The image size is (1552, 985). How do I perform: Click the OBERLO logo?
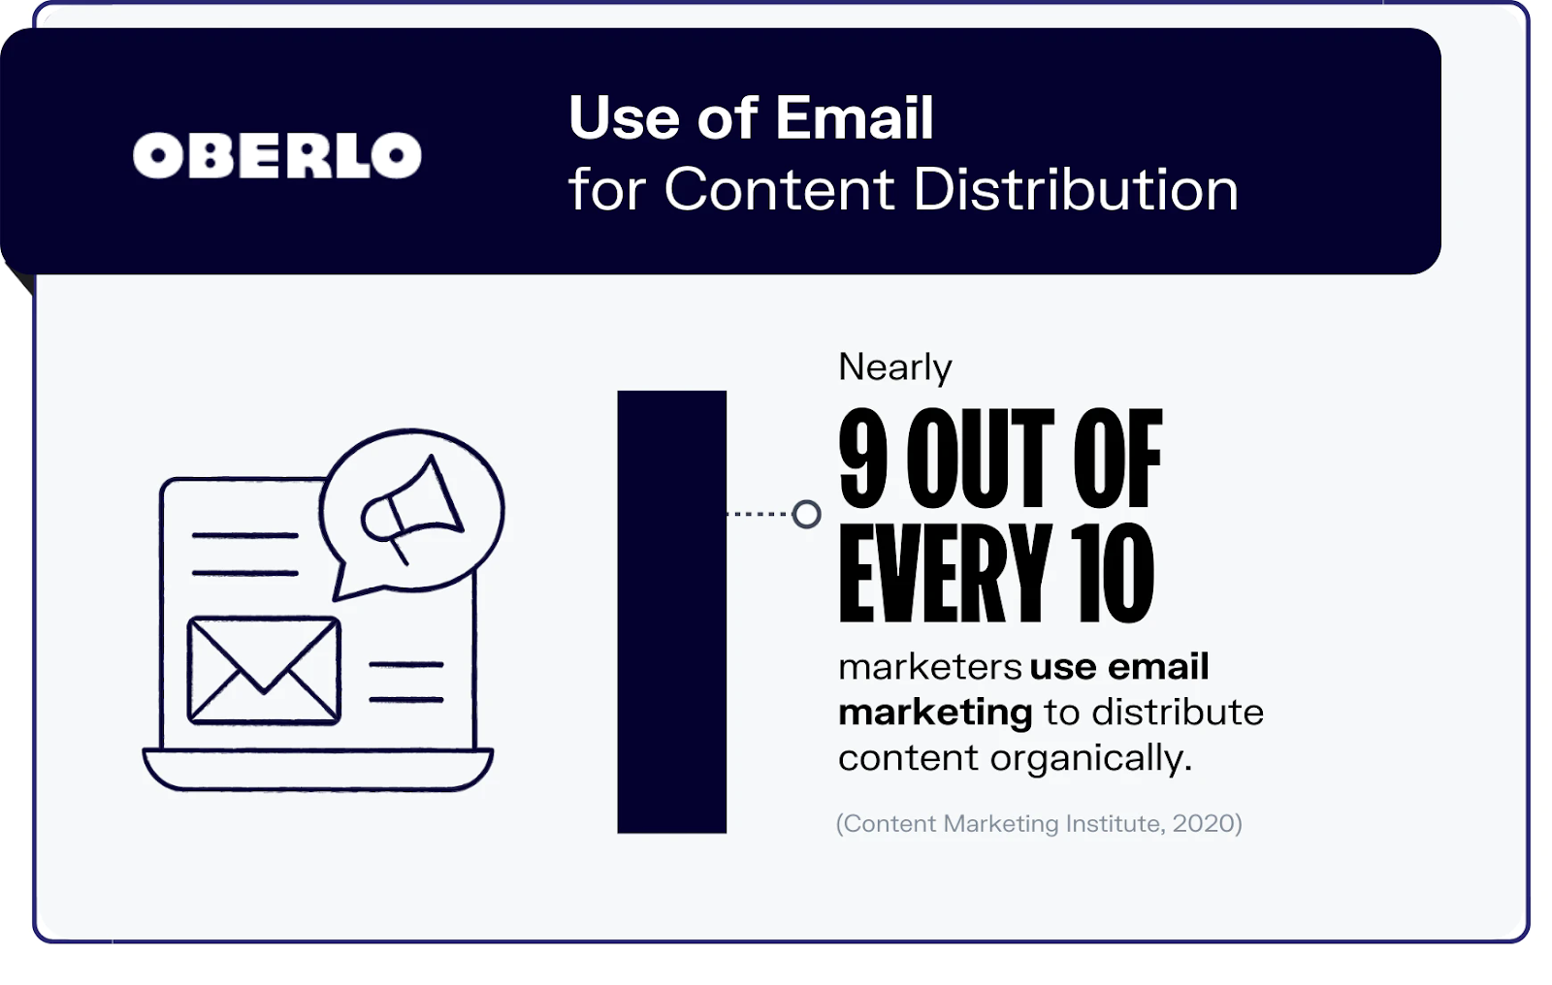click(277, 155)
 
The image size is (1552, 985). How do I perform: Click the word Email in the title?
click(855, 117)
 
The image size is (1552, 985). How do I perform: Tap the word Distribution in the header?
click(1076, 188)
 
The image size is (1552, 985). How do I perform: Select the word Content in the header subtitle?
click(780, 188)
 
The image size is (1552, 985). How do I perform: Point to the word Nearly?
click(895, 367)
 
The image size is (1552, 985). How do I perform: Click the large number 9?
click(863, 458)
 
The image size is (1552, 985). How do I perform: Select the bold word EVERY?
click(946, 573)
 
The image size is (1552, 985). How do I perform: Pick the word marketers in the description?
click(930, 667)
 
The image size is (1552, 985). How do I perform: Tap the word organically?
click(1091, 758)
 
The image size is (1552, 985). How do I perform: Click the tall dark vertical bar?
click(672, 612)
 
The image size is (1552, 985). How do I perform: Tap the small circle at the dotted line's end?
click(806, 514)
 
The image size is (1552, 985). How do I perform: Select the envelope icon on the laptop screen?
click(264, 671)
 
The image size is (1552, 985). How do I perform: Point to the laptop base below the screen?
click(318, 770)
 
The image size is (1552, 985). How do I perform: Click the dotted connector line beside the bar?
click(760, 514)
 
